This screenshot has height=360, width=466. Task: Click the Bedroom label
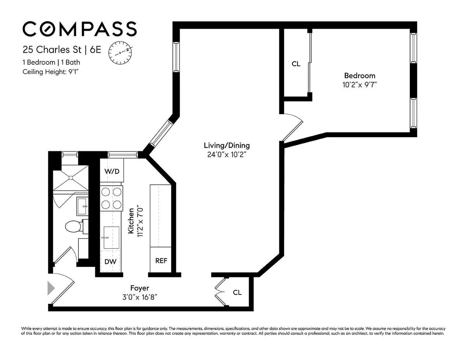(x=360, y=76)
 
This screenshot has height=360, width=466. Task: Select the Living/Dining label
(x=227, y=145)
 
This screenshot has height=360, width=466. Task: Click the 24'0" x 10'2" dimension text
(x=227, y=154)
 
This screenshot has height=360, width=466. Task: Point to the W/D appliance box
(x=111, y=171)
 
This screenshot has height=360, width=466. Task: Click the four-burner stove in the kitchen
(x=112, y=198)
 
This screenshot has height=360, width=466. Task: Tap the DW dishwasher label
(x=111, y=261)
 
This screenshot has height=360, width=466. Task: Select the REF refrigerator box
(x=161, y=261)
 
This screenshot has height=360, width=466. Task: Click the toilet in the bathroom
(x=73, y=226)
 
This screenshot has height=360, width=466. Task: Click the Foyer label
(x=140, y=288)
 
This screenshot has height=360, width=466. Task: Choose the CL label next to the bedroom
(x=296, y=64)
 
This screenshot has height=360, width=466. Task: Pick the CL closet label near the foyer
(x=237, y=292)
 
